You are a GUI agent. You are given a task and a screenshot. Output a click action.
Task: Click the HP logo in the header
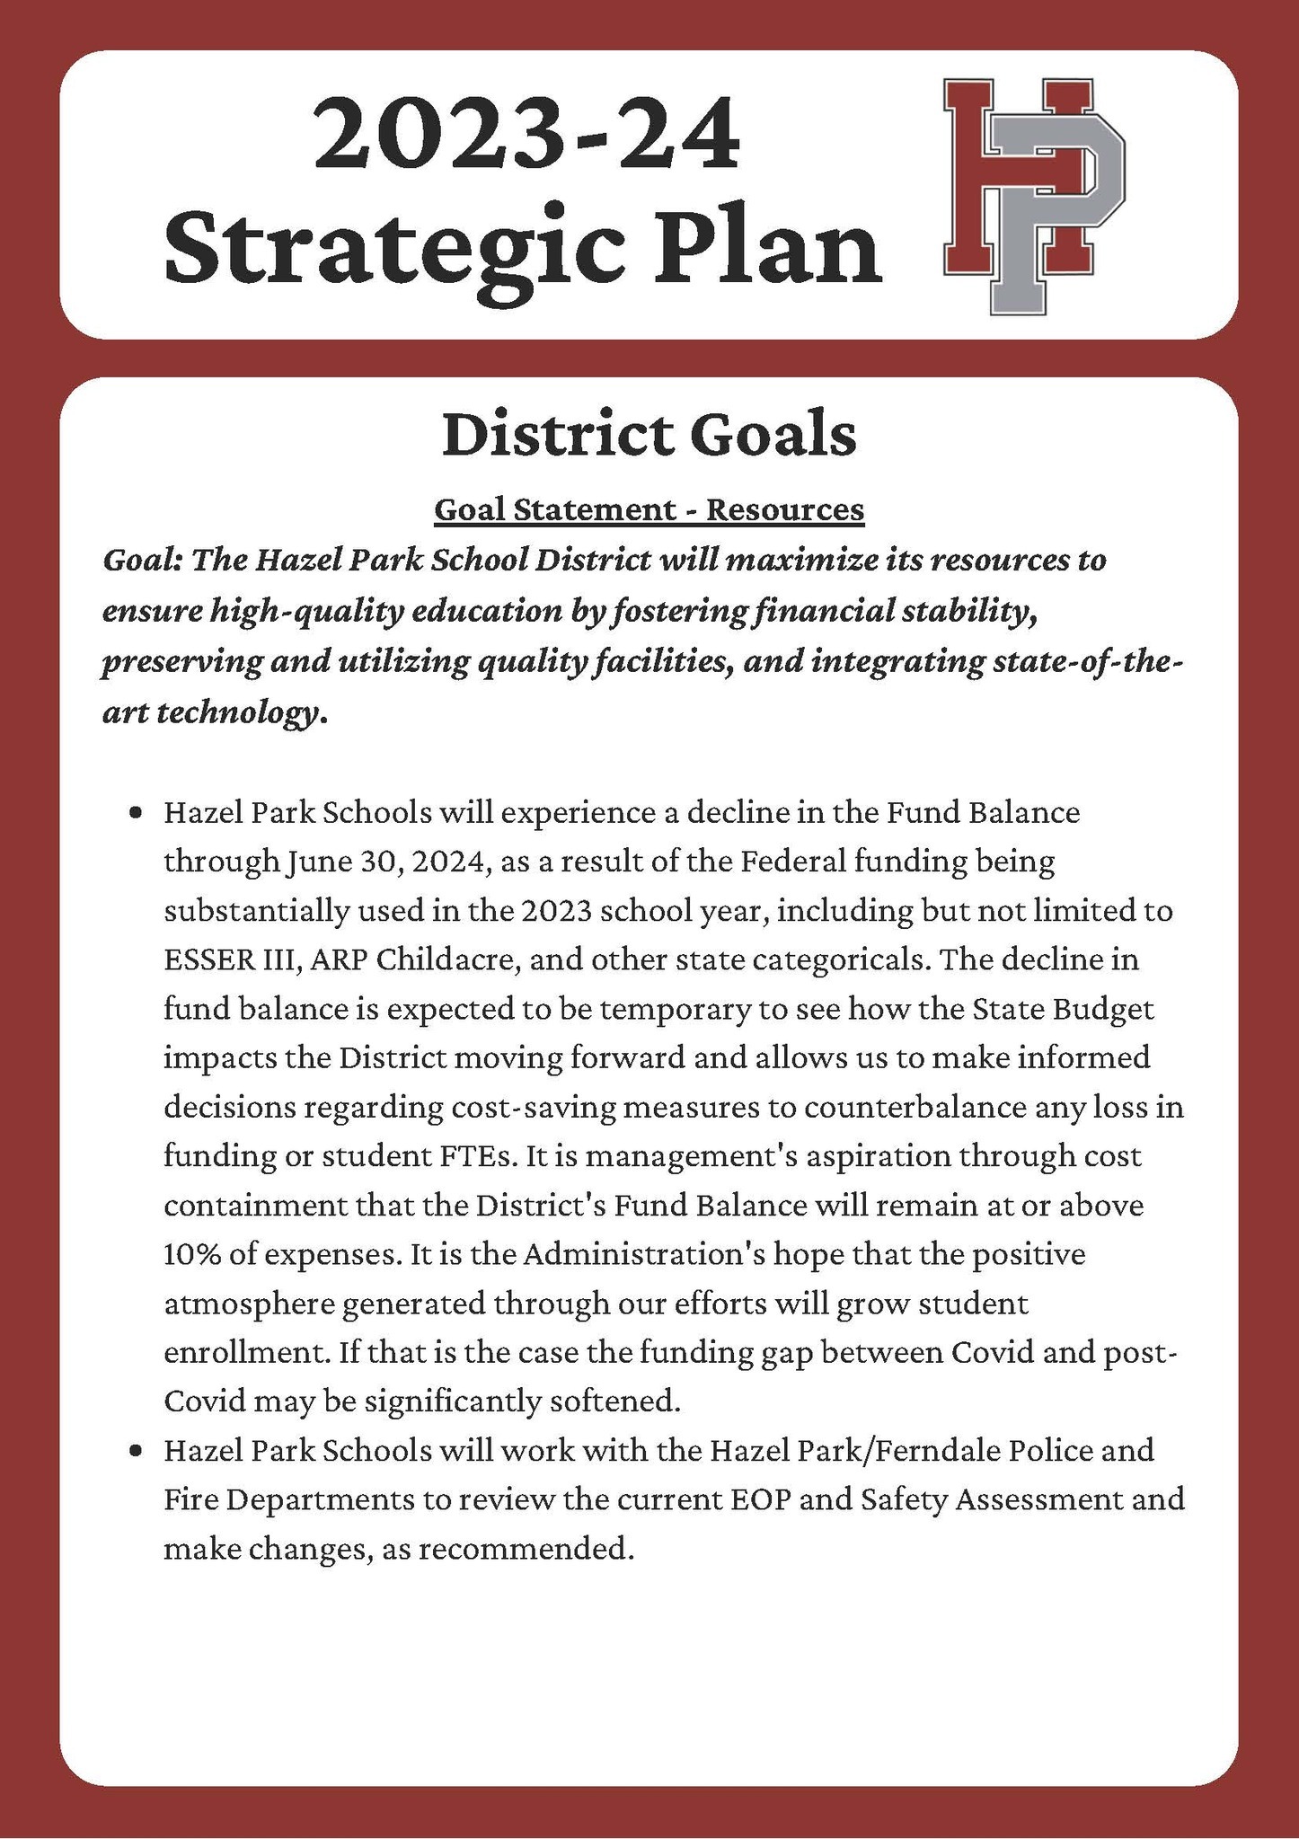pos(1033,196)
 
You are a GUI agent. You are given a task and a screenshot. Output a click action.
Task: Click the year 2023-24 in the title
pos(526,137)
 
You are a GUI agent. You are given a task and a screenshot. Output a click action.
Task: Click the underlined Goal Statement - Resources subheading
pos(649,509)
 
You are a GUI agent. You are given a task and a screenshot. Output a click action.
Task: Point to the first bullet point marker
pos(136,814)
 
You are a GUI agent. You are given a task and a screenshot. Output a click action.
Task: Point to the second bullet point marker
pos(136,1450)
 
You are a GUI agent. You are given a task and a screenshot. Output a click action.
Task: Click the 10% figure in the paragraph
pos(192,1253)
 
